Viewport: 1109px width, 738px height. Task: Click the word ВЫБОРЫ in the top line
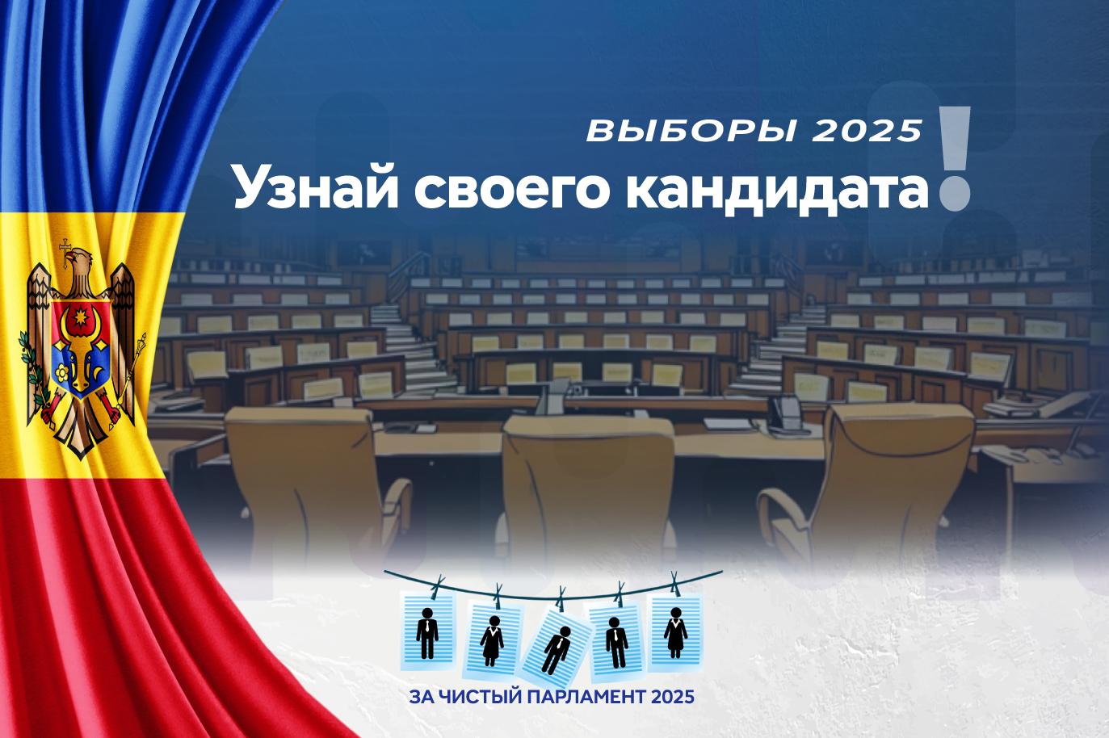click(691, 131)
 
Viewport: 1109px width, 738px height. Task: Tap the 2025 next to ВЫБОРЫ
click(867, 131)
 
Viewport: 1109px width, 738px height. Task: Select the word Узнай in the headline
click(316, 189)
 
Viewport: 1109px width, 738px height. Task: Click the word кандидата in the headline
click(777, 191)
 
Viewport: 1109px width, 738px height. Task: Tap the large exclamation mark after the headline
click(955, 158)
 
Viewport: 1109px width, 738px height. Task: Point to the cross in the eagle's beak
click(65, 253)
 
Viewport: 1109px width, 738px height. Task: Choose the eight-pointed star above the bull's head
click(79, 316)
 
